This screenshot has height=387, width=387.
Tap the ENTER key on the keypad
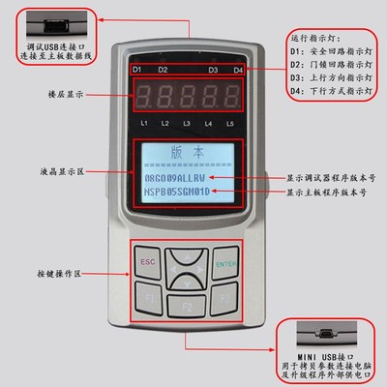click(x=226, y=261)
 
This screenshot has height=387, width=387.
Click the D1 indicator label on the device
click(x=136, y=71)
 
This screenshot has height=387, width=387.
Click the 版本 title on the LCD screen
click(x=186, y=153)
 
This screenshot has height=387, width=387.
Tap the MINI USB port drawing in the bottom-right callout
click(x=328, y=335)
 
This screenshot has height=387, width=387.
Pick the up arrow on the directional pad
click(x=187, y=256)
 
